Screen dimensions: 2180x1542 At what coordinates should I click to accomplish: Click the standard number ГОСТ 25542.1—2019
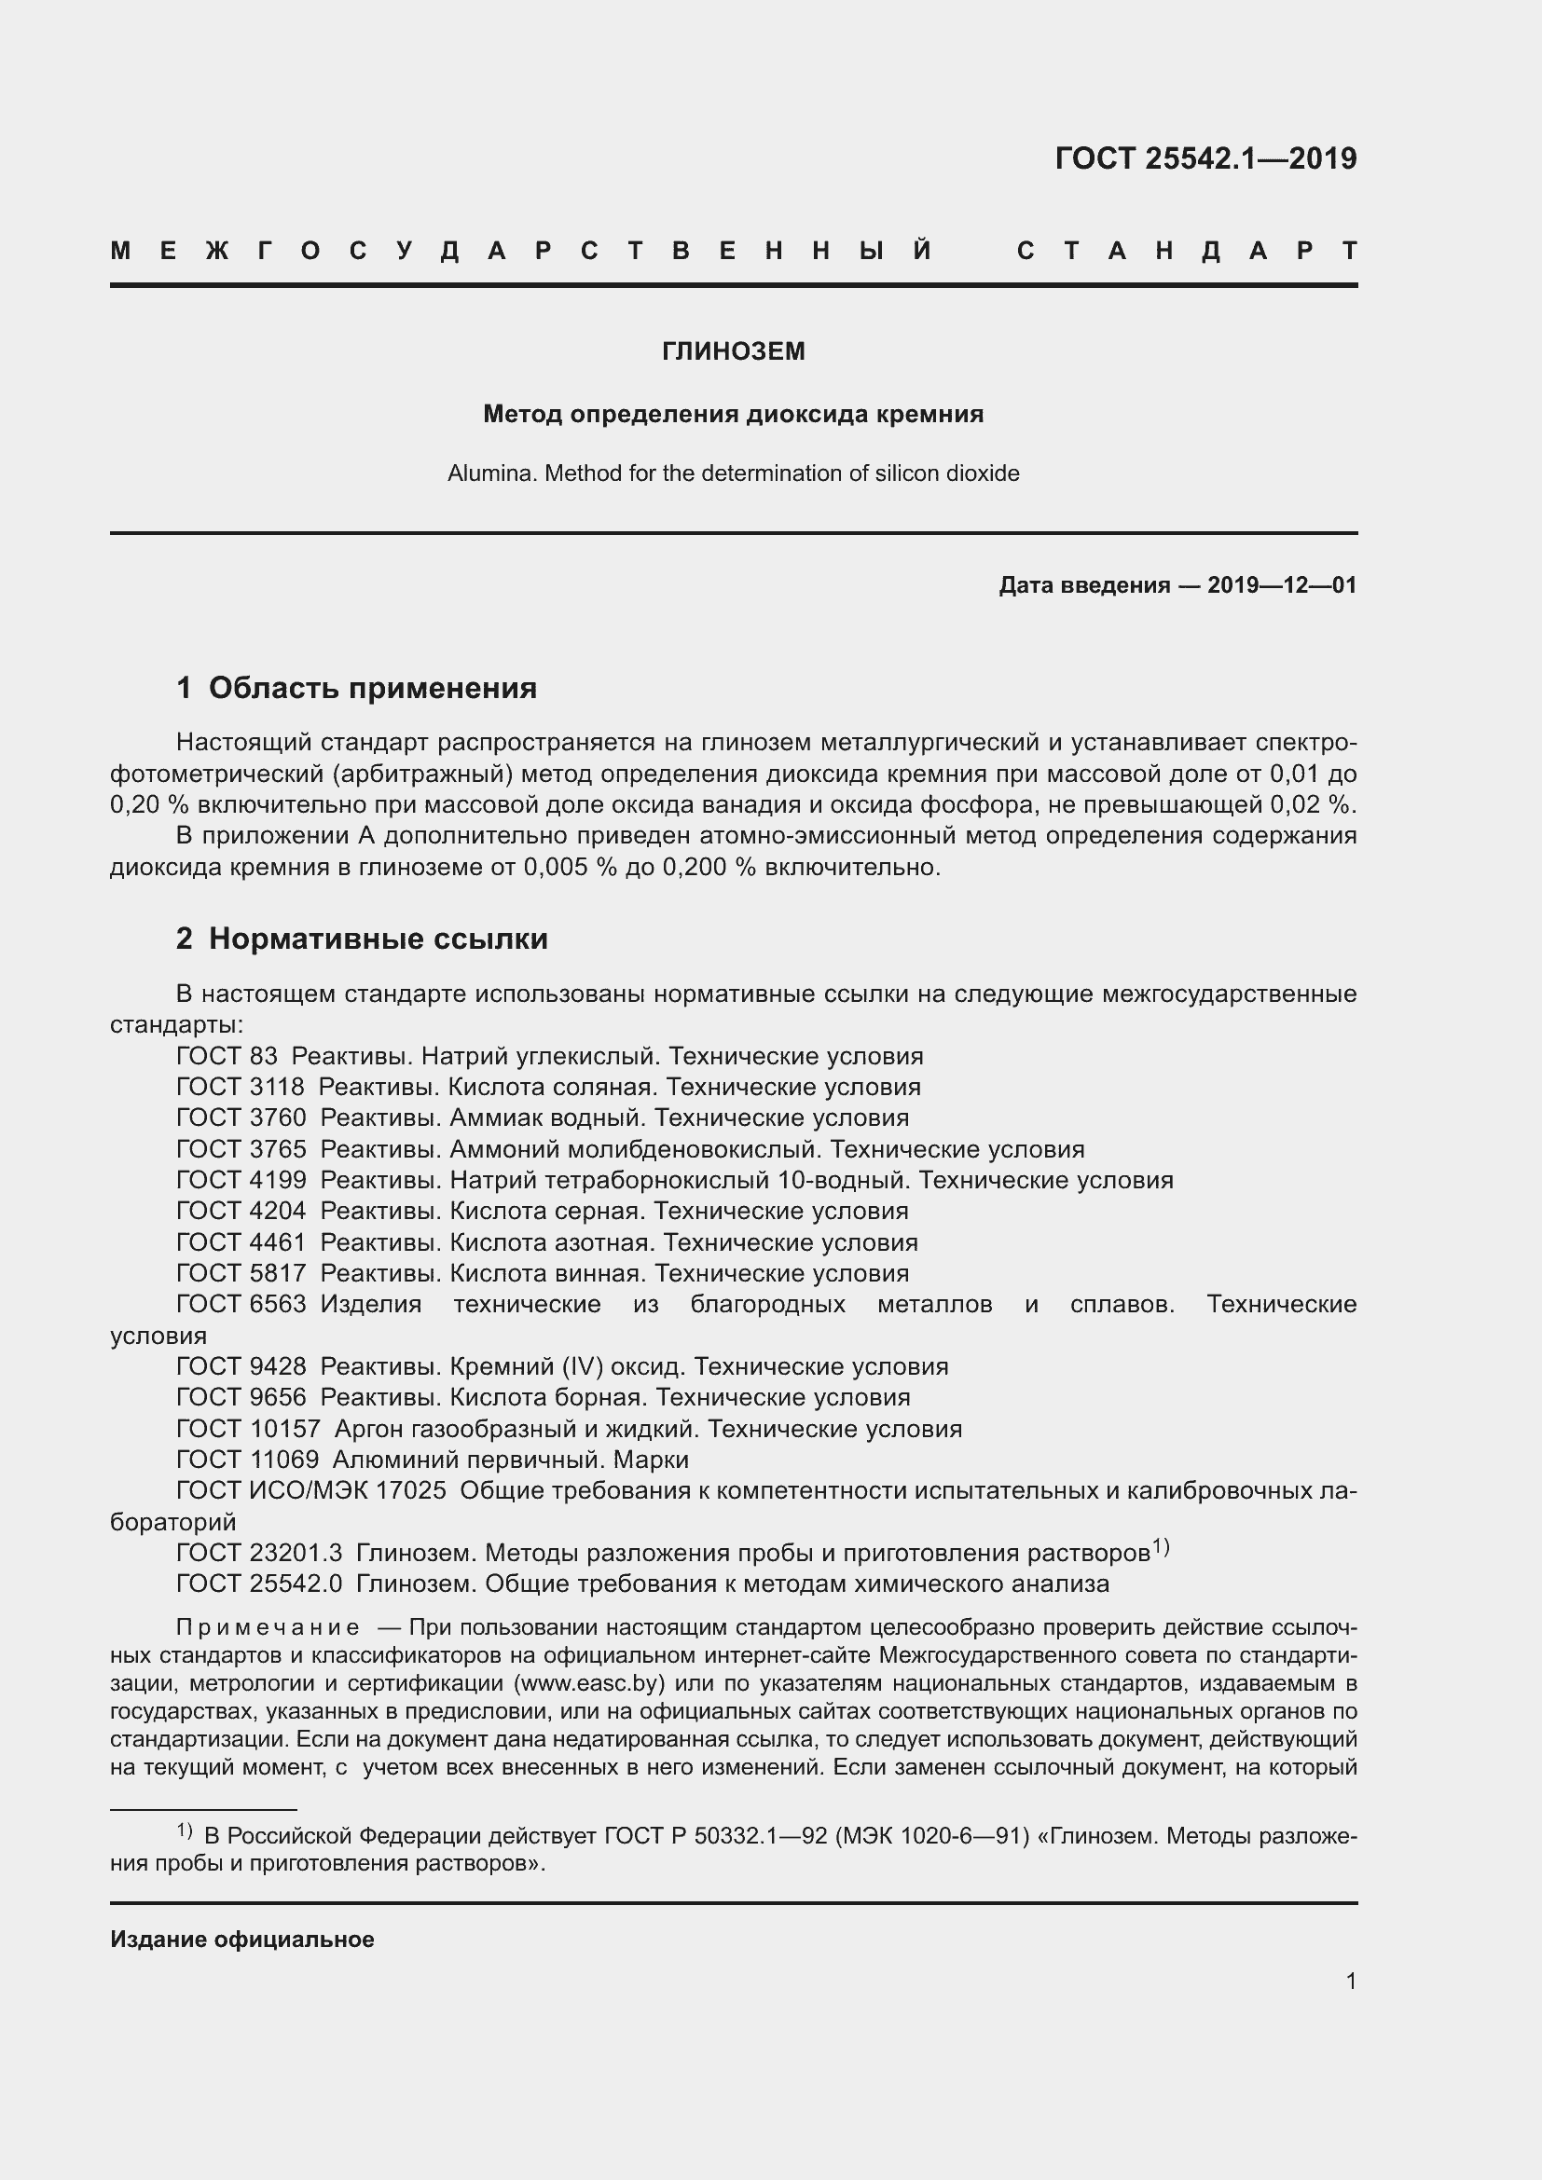1205,158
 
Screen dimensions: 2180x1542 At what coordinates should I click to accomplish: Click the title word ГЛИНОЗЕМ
733,351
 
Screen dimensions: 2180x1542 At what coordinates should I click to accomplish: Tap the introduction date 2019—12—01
1282,585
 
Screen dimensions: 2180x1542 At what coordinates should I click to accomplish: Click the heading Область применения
372,688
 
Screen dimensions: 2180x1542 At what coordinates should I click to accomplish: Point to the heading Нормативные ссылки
378,939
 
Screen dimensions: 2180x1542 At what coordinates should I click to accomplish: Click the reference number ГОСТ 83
227,1056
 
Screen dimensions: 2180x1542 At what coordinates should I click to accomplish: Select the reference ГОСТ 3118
241,1086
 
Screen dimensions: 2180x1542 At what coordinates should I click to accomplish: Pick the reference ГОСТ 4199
241,1179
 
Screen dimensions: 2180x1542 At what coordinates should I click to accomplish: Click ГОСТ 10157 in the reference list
248,1428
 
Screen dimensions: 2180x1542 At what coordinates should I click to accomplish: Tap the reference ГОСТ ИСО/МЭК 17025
311,1490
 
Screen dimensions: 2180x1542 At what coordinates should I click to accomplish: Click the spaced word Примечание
268,1626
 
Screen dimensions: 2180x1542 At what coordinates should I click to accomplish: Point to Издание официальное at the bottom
242,1939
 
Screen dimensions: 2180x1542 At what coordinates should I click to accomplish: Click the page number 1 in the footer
1350,1981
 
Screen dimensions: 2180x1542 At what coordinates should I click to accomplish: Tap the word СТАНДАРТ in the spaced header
1187,251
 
